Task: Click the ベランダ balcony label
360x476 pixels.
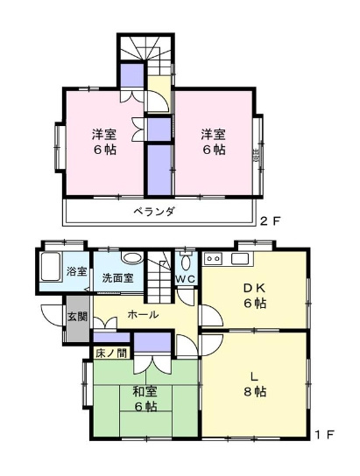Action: pos(154,211)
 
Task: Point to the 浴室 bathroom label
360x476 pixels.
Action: pos(76,271)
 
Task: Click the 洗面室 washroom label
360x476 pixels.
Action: pos(116,278)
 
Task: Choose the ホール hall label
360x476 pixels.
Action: pos(143,314)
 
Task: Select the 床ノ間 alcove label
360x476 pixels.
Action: pos(111,353)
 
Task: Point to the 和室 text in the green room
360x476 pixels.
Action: pos(145,391)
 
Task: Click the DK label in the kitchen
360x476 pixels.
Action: pos(254,287)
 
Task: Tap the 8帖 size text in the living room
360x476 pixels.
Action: pos(254,391)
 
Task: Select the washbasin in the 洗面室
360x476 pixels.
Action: pos(131,259)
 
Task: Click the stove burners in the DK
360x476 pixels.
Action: pos(213,259)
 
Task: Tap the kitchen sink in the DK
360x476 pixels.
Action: pos(240,259)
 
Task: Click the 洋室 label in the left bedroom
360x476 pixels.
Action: pos(106,135)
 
